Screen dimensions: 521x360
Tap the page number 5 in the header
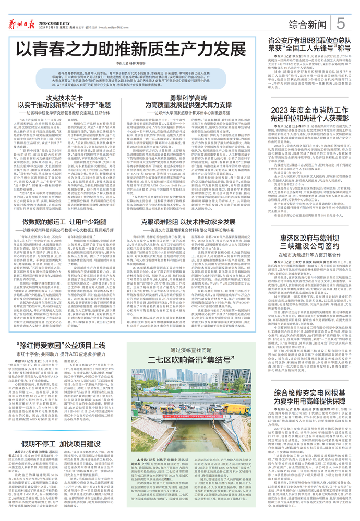(x=341, y=22)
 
